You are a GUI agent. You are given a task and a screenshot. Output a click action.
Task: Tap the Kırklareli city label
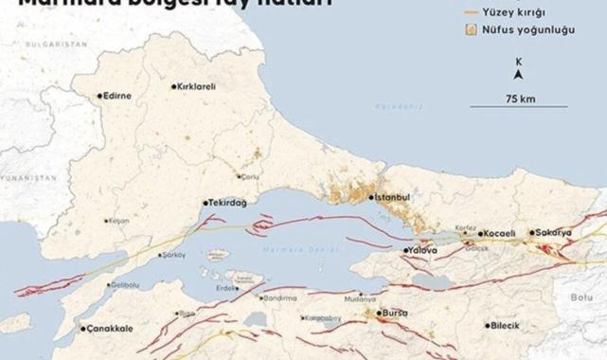pos(197,86)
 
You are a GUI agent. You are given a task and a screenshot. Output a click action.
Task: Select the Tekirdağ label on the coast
pos(228,203)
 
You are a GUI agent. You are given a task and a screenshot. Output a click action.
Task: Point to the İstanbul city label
pos(393,197)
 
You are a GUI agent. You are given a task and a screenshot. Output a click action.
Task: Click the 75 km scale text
pos(520,99)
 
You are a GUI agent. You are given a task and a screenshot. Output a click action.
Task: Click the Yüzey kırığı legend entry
pos(534,12)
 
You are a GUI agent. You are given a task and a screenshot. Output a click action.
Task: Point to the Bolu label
pos(580,297)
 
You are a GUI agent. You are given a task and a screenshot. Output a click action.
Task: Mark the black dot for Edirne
pos(99,96)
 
